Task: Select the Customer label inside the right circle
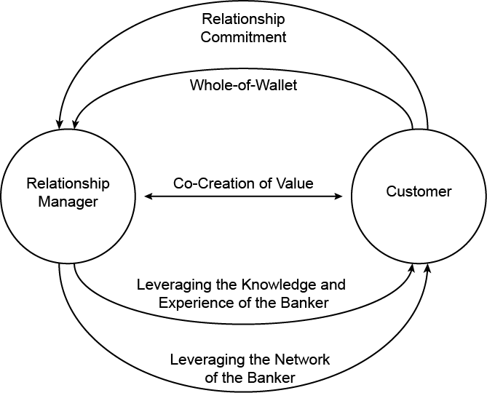pyautogui.click(x=419, y=191)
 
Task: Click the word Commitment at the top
pyautogui.click(x=243, y=36)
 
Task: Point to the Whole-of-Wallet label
pyautogui.click(x=243, y=84)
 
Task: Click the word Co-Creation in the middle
pyautogui.click(x=207, y=183)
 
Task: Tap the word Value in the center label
pyautogui.click(x=296, y=183)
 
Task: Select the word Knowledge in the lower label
pyautogui.click(x=274, y=284)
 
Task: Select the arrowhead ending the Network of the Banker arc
pyautogui.click(x=427, y=269)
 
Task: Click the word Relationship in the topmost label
pyautogui.click(x=243, y=18)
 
